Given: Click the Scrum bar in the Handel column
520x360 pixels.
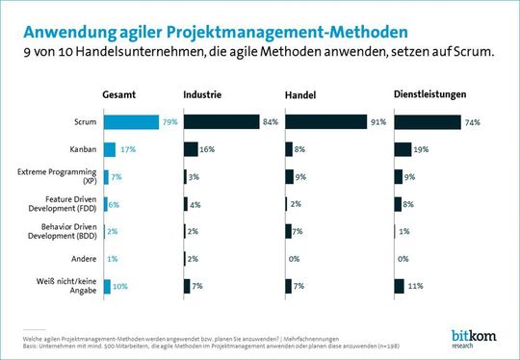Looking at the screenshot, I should pos(326,122).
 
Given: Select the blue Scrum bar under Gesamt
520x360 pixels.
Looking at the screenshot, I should pos(131,122).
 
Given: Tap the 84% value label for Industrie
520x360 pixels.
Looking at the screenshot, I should pos(271,122).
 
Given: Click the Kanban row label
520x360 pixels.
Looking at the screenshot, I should pos(82,149).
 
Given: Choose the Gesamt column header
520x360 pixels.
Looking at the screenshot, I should pos(120,94).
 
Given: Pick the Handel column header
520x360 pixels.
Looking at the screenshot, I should pos(302,94).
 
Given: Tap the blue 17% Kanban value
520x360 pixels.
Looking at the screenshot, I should pos(127,149).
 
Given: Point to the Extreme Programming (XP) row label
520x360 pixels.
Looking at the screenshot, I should pos(62,176).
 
